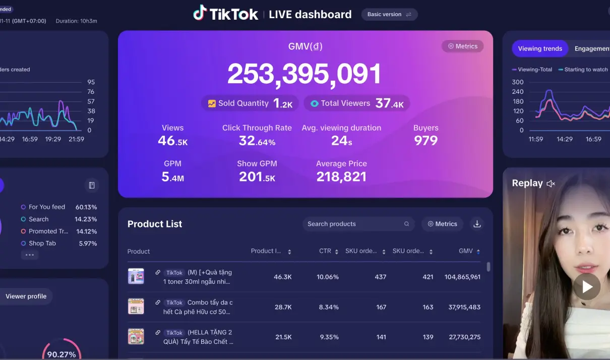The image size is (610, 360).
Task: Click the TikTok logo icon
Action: click(200, 13)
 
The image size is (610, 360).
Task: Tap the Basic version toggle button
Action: click(389, 14)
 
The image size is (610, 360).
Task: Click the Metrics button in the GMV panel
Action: click(462, 46)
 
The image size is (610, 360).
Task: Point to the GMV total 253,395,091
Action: click(304, 74)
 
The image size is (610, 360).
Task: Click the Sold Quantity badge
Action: click(250, 103)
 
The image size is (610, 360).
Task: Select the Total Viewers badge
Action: click(356, 103)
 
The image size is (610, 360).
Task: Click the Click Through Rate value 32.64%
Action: click(257, 141)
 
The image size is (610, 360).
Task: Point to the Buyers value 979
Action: click(426, 141)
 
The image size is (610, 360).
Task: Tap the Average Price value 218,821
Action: click(341, 176)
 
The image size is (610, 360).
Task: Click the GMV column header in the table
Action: click(466, 251)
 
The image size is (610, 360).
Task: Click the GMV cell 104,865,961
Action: click(462, 277)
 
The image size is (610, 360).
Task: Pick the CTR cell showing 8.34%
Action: click(328, 307)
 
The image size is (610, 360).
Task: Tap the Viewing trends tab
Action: click(540, 48)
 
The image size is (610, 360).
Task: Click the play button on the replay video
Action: click(587, 286)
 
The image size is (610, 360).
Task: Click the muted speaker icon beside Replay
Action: click(551, 184)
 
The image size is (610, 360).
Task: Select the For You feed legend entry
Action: click(46, 207)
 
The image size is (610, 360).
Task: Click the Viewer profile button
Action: click(26, 296)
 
